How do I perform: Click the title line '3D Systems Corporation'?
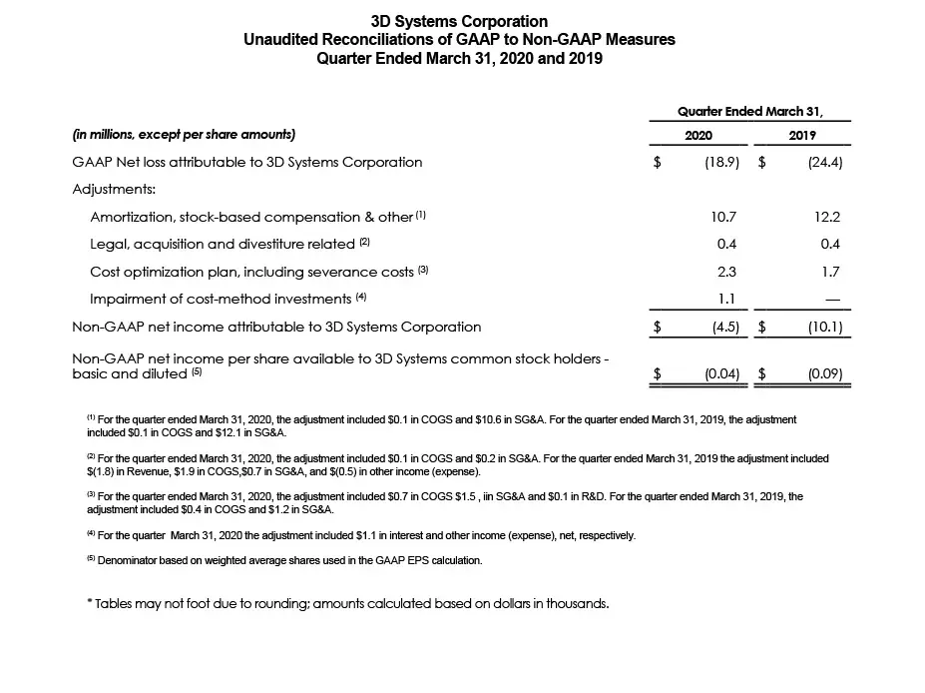[459, 21]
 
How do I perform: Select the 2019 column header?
[802, 135]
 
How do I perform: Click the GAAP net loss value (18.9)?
[718, 162]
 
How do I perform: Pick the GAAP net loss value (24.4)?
[823, 162]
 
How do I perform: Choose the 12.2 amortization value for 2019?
[827, 216]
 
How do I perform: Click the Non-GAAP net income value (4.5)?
[722, 327]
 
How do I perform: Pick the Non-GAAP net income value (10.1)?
[823, 327]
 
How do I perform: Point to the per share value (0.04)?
[718, 374]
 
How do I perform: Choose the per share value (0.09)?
[823, 374]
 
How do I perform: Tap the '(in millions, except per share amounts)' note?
[184, 135]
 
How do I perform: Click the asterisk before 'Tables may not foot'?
[90, 603]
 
